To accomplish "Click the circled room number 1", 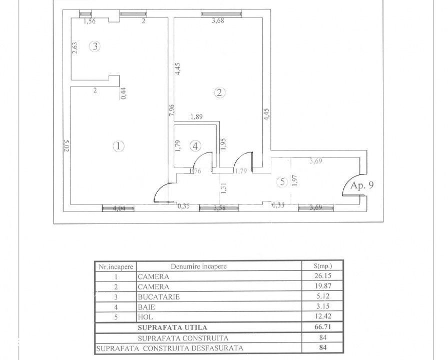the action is click(118, 146).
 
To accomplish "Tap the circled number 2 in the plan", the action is click(219, 92).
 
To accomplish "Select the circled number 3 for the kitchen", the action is click(95, 46).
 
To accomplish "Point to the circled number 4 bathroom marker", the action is click(195, 146).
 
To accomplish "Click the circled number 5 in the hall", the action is click(283, 182).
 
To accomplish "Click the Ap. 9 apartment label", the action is click(362, 185).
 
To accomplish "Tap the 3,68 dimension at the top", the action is click(218, 20).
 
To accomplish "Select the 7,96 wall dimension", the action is click(172, 110).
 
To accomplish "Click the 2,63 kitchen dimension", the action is click(75, 48).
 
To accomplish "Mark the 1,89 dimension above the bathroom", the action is click(196, 116).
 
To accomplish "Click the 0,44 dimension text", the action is click(124, 93).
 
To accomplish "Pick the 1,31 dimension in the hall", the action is click(223, 188).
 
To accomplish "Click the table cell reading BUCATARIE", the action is click(159, 297).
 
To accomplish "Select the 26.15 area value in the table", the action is click(323, 276).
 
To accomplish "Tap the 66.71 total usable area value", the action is click(323, 326).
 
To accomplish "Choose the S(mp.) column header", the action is click(323, 266).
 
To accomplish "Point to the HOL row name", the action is click(145, 317).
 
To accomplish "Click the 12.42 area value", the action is click(323, 316).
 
